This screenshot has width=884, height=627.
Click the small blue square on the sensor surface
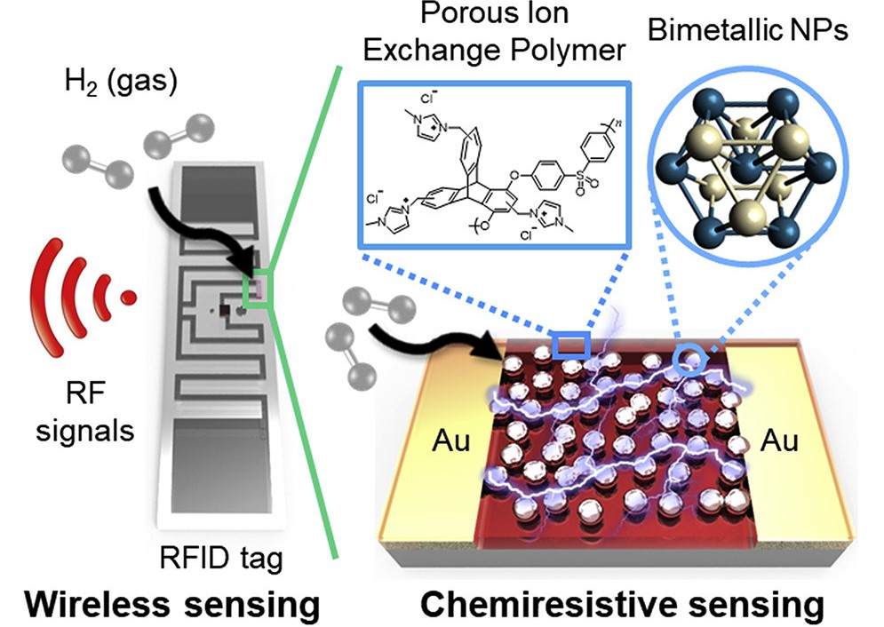[569, 345]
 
